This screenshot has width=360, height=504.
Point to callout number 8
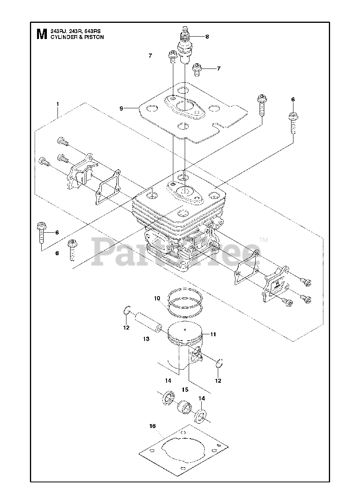tap(207, 37)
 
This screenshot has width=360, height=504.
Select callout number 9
tap(122, 108)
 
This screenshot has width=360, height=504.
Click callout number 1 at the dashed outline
tap(58, 104)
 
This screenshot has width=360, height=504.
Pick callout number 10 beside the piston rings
tap(157, 298)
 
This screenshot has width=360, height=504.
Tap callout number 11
tap(213, 334)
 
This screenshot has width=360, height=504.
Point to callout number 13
tap(146, 339)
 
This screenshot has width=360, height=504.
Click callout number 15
tap(185, 389)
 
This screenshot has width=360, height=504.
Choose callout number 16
tap(153, 426)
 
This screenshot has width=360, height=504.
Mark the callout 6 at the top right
tap(293, 100)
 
